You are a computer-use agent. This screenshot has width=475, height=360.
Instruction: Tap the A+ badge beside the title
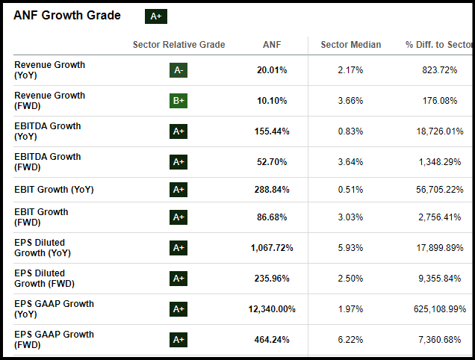[x=156, y=16]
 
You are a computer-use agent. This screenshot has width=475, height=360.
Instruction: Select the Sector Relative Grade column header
[x=178, y=45]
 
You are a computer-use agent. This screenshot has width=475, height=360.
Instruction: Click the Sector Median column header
[x=350, y=45]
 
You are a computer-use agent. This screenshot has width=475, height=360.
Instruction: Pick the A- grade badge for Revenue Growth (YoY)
[x=178, y=70]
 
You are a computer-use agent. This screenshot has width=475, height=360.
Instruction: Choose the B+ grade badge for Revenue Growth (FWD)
[x=178, y=101]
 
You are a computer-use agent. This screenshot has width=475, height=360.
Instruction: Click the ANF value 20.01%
[x=270, y=70]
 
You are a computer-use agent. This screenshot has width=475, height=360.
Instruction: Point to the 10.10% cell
[x=270, y=101]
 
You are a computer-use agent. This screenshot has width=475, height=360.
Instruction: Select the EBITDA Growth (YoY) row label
[x=48, y=131]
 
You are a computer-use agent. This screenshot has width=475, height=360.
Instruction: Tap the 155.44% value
[x=271, y=131]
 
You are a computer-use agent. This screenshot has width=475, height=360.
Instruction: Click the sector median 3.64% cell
[x=350, y=162]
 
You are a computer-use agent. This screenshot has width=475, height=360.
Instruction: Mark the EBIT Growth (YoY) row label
[x=54, y=190]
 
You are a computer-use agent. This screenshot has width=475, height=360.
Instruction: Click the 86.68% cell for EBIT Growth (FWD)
[x=270, y=217]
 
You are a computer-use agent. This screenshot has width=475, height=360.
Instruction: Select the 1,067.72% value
[x=272, y=248]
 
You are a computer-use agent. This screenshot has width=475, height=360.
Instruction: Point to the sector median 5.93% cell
[x=350, y=248]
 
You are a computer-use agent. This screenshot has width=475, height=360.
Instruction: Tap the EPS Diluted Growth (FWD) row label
[x=44, y=279]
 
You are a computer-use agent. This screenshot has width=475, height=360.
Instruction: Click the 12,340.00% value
[x=272, y=309]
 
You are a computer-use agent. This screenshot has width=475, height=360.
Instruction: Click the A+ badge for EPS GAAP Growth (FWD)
[x=178, y=340]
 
